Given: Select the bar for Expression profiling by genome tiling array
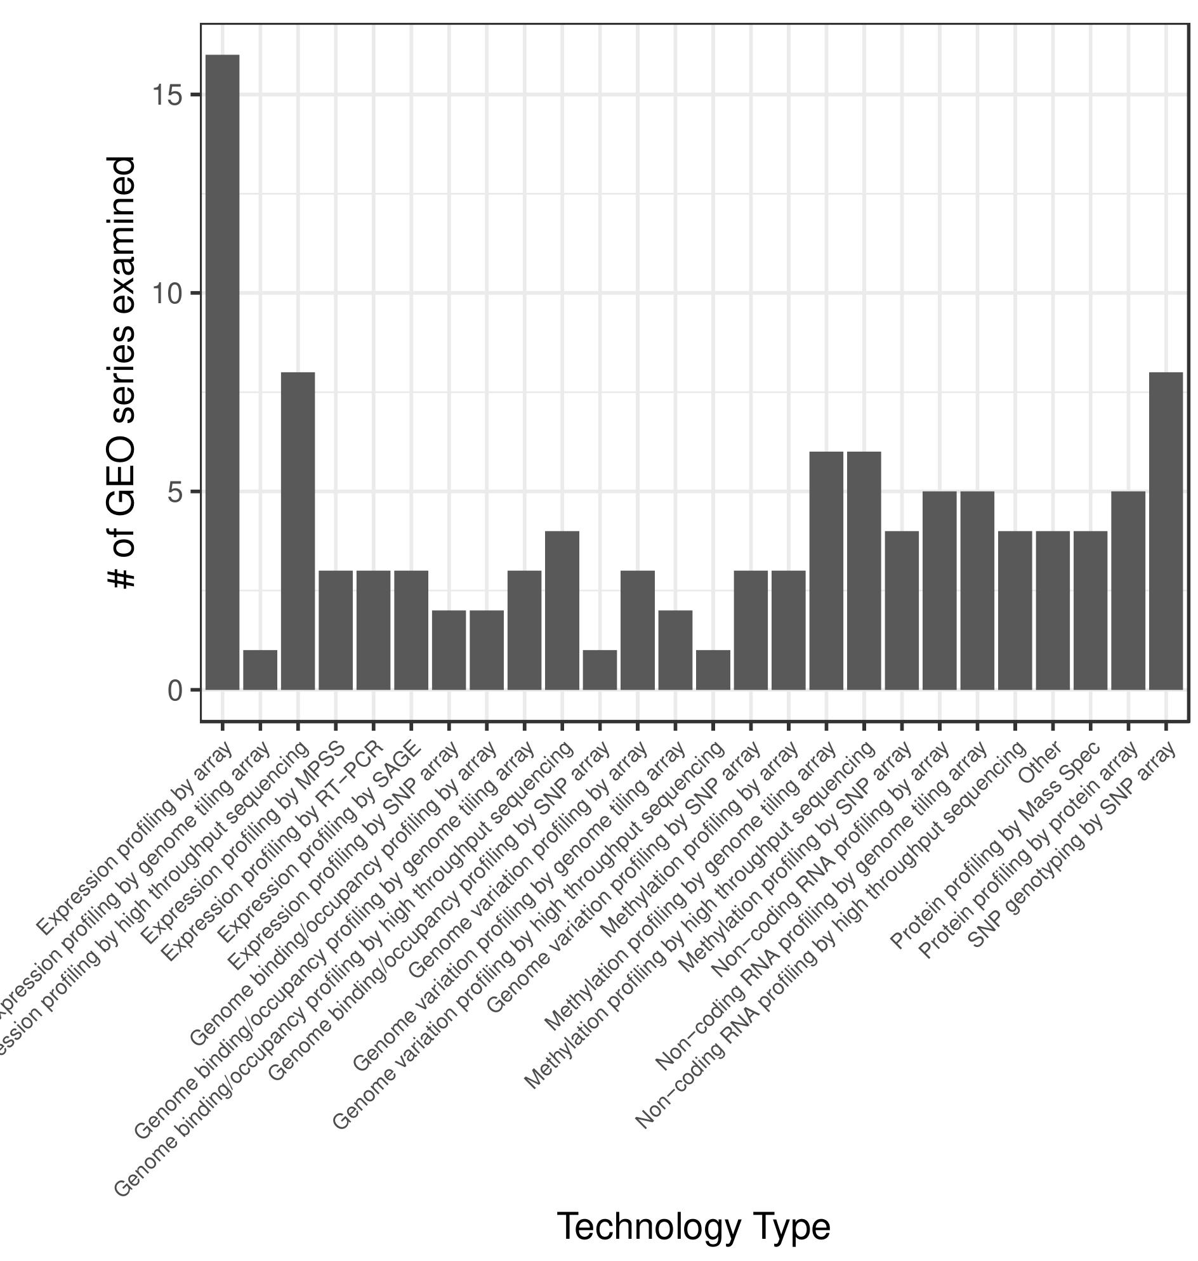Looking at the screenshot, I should tap(260, 670).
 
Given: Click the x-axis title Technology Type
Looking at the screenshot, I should tap(694, 1225).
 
